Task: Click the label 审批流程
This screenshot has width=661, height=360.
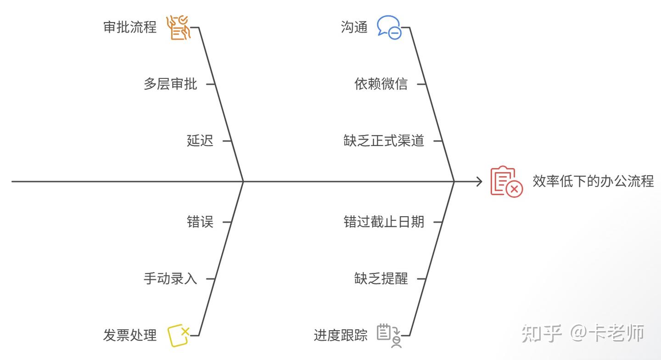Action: tap(130, 28)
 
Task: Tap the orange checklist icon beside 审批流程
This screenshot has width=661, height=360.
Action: tap(178, 28)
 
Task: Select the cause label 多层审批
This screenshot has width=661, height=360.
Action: tap(170, 84)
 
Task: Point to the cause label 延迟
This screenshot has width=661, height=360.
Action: tap(200, 141)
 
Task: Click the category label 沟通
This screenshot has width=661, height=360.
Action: tap(354, 28)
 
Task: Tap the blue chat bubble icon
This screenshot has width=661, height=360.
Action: tap(389, 28)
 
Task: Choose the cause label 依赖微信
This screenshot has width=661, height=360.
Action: tap(381, 84)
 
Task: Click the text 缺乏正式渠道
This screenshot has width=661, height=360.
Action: tap(384, 141)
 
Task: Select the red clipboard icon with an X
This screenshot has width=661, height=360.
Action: tap(506, 182)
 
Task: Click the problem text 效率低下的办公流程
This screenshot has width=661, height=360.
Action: tap(593, 181)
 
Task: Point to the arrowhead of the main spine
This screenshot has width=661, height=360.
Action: tap(479, 182)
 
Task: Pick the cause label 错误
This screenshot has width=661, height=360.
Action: tap(200, 222)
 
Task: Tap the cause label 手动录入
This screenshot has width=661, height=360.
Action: tap(170, 279)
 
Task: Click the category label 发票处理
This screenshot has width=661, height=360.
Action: tap(130, 336)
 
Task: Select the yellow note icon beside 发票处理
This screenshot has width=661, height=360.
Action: tap(178, 335)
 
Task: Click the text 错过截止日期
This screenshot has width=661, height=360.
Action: tap(384, 222)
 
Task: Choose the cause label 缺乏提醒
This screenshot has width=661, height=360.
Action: tap(381, 279)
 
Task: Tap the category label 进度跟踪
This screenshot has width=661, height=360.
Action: tap(341, 336)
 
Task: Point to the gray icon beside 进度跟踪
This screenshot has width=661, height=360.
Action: tap(389, 335)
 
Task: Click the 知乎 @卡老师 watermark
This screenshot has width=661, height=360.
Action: tap(583, 334)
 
